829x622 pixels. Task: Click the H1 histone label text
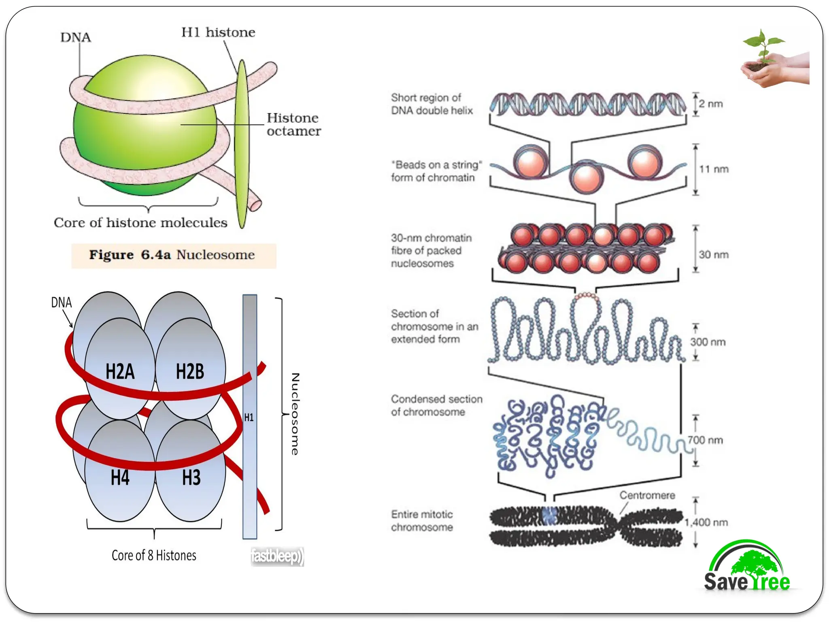218,32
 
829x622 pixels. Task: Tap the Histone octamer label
293,124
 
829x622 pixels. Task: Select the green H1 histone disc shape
242,146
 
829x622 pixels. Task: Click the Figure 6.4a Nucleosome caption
173,255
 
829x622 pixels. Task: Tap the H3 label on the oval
191,478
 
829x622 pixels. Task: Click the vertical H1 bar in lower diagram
249,417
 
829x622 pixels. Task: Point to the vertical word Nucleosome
295,414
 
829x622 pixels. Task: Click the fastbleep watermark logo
277,556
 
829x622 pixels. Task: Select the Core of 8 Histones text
154,556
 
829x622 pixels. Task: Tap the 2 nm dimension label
711,104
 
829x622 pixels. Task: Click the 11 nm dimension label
714,169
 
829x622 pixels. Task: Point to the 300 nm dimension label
708,342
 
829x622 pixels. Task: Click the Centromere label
647,495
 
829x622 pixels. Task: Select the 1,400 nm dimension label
706,522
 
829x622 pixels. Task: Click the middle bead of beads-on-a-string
587,177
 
